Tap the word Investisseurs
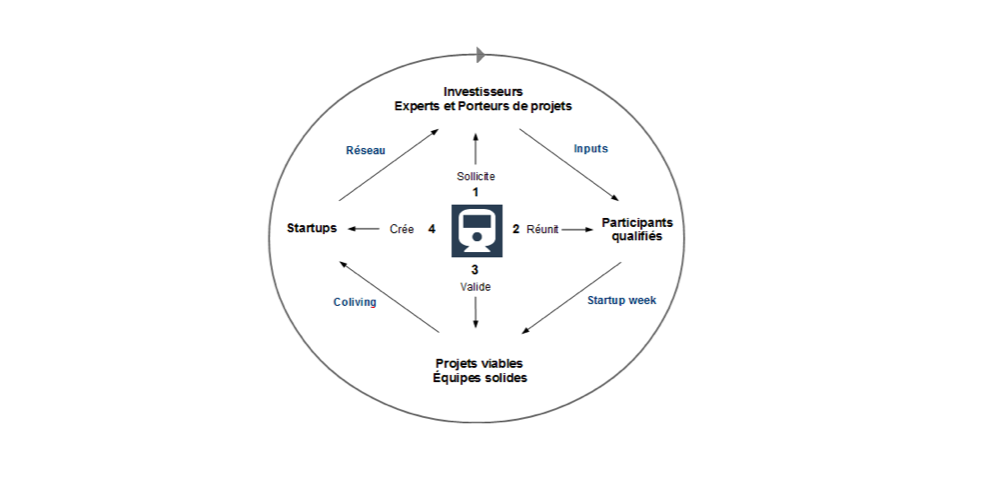[484, 92]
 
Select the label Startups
[310, 229]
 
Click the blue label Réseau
[365, 150]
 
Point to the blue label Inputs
[590, 148]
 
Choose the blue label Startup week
[621, 300]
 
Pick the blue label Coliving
[355, 301]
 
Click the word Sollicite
[476, 176]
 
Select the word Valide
[476, 286]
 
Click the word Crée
[402, 229]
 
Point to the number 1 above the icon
[476, 191]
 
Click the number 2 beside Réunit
[515, 229]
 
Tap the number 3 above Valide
[476, 270]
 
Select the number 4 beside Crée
[432, 229]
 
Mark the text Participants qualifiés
[636, 229]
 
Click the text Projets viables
[480, 363]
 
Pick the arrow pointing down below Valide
[476, 313]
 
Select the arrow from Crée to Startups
[365, 229]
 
